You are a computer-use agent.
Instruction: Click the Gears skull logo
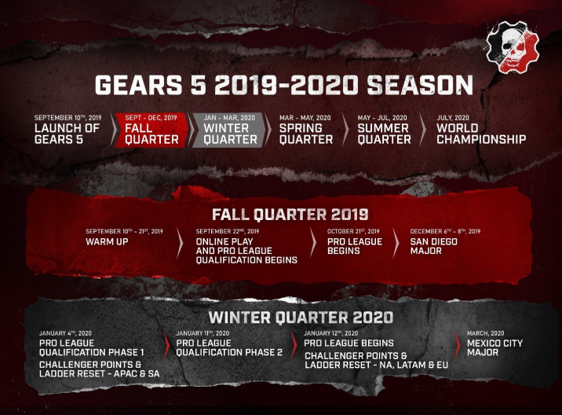513,47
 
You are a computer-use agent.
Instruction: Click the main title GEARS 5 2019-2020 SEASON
284,85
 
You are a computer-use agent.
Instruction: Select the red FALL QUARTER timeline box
151,130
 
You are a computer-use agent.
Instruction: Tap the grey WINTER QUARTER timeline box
230,130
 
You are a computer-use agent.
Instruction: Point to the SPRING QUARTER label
306,134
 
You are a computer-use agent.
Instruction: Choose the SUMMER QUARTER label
385,134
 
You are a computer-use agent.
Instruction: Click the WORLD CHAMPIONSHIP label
481,134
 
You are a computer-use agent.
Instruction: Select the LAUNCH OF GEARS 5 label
67,134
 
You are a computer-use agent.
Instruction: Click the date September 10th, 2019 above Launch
68,117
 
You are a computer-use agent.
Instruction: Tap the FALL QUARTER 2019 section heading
290,215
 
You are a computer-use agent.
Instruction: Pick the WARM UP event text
107,241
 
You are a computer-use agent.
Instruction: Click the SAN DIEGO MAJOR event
434,246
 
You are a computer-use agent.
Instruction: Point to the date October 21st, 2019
353,231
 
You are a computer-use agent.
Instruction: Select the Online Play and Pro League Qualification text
246,251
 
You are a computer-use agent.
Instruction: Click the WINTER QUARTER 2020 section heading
301,318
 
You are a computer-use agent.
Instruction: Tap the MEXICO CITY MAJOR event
494,347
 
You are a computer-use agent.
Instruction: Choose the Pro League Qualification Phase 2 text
229,347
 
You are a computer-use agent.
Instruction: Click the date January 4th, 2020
65,333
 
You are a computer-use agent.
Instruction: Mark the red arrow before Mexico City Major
458,345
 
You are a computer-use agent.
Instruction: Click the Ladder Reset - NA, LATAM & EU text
376,365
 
